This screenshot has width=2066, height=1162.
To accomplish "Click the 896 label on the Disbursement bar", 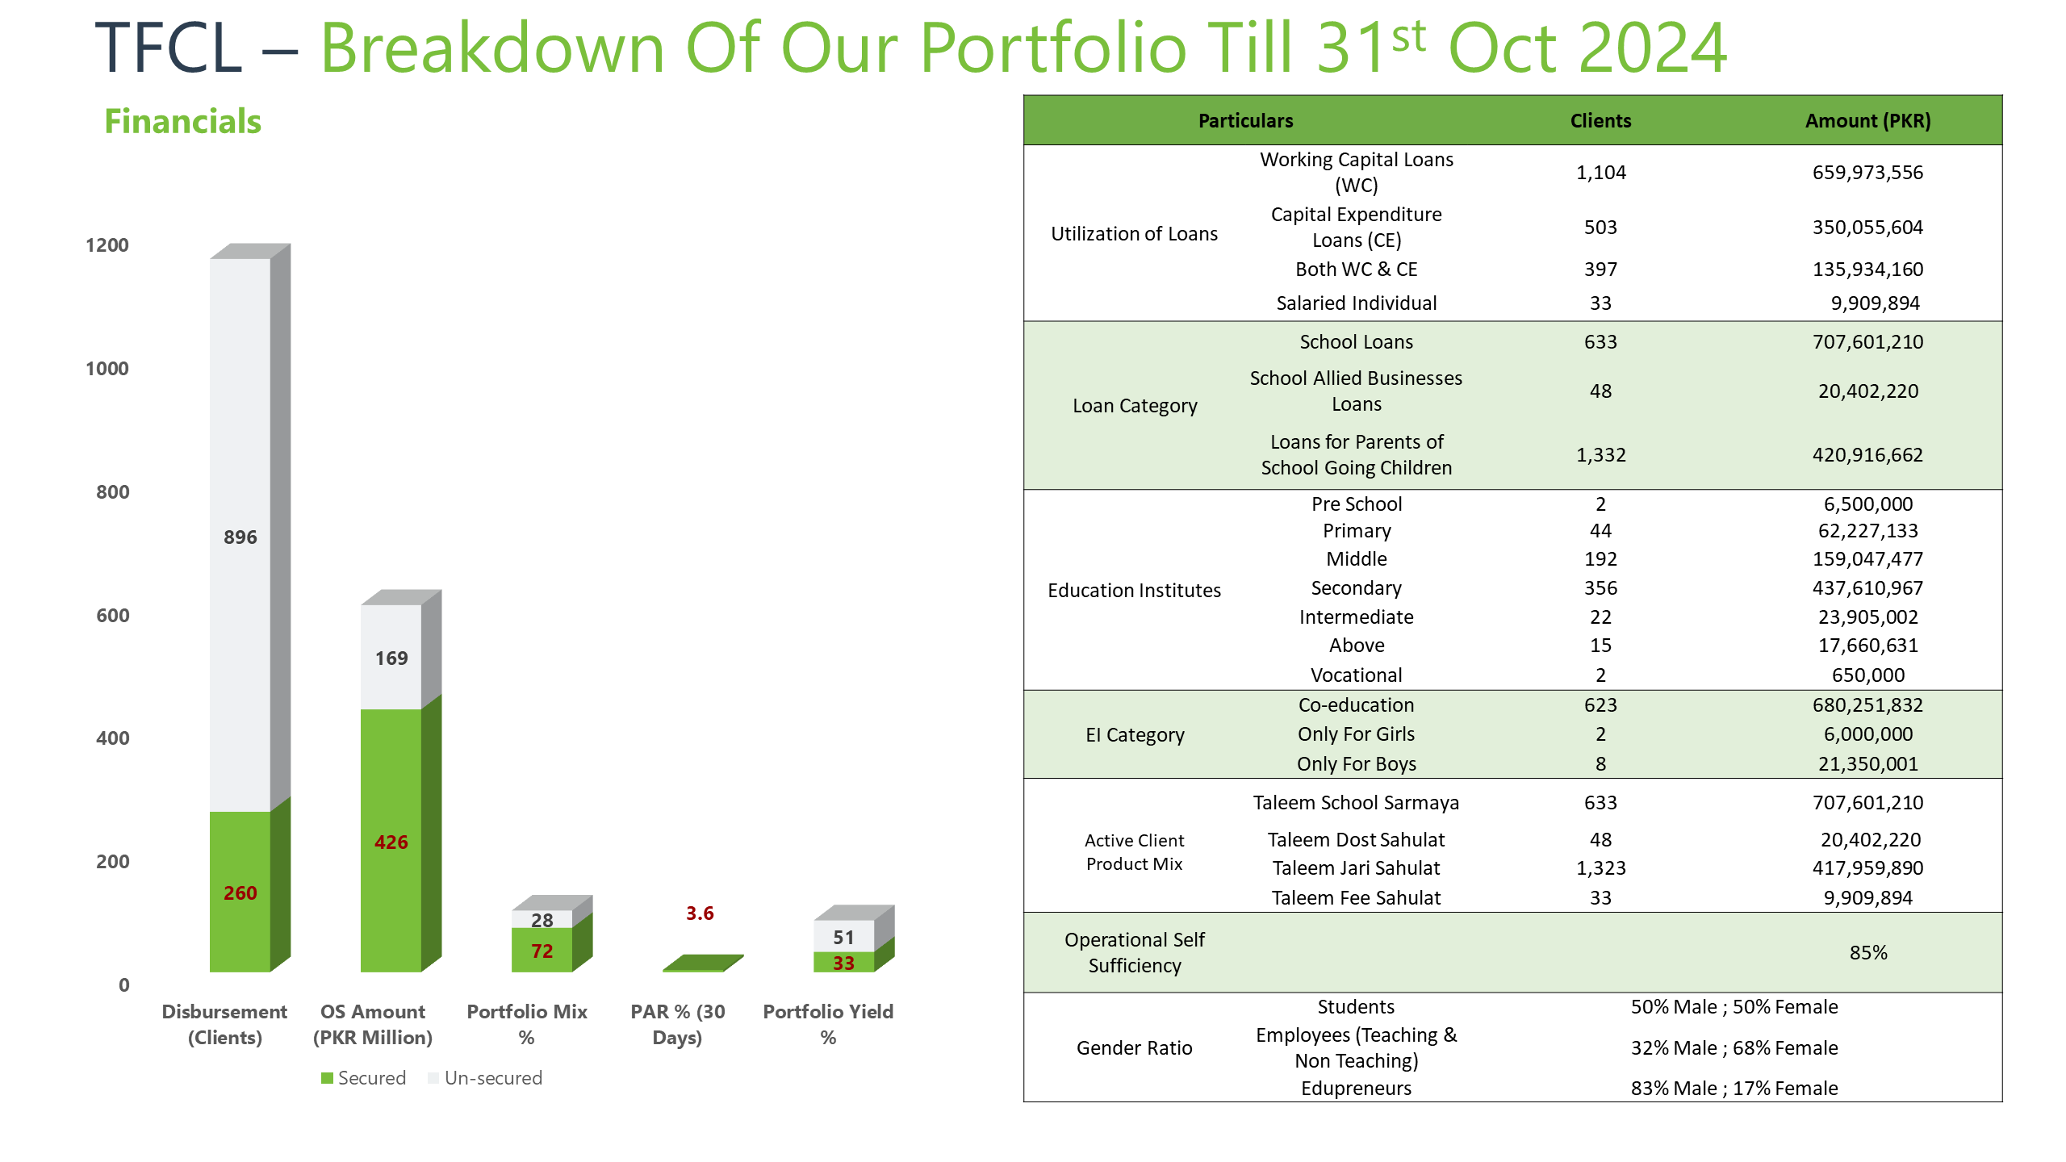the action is click(x=240, y=537).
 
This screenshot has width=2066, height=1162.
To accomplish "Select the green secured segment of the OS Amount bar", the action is click(x=391, y=840).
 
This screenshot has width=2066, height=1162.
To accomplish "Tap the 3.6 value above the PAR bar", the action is click(x=700, y=913).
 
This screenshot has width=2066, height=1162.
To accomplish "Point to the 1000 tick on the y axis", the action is click(x=107, y=369).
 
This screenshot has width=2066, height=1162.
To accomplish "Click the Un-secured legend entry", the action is click(x=485, y=1078).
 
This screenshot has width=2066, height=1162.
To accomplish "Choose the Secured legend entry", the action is click(x=363, y=1078).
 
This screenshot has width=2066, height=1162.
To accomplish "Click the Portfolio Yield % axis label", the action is click(x=828, y=1024).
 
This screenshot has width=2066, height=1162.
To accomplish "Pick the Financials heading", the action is click(x=183, y=122).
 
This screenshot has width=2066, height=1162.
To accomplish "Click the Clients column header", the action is click(x=1600, y=121).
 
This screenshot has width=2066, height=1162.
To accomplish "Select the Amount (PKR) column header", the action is click(x=1867, y=121).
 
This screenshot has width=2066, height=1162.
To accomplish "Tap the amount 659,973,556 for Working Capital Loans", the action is click(x=1867, y=173).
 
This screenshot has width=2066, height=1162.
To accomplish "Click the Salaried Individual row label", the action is click(x=1357, y=303).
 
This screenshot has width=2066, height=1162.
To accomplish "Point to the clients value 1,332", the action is click(x=1601, y=455).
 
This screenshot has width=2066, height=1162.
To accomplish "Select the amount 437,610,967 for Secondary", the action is click(x=1867, y=588).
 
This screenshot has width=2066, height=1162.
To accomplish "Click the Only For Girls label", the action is click(x=1357, y=734).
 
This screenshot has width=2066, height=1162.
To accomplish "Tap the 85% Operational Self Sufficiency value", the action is click(x=1868, y=953).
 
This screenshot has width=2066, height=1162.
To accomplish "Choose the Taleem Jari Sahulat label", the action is click(x=1357, y=868).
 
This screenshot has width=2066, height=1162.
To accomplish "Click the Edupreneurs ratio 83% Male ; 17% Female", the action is click(x=1734, y=1089).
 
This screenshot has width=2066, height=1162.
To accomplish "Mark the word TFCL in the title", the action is click(x=169, y=48).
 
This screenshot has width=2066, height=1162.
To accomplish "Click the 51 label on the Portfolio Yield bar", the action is click(x=843, y=938).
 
